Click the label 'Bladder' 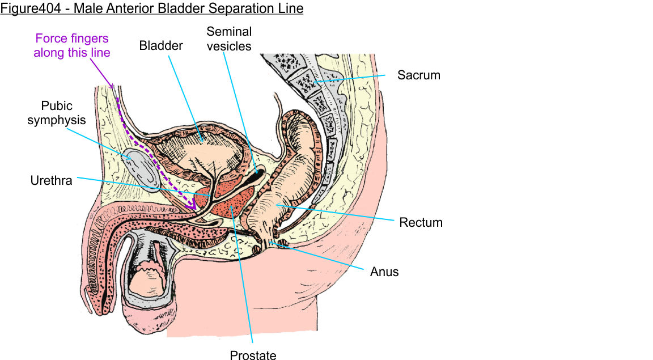pos(161,46)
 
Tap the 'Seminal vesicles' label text pos(229,39)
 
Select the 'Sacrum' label pos(418,75)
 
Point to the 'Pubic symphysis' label pos(57,113)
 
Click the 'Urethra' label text pos(51,181)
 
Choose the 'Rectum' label pos(421,222)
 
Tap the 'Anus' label pos(384,272)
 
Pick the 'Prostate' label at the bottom pos(253,355)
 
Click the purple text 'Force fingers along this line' pos(72,45)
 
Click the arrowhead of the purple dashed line pos(194,207)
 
